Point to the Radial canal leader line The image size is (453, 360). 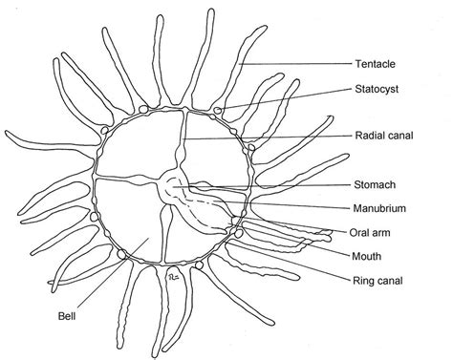[268, 138]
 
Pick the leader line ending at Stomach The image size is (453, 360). [268, 184]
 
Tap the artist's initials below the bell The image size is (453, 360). [174, 277]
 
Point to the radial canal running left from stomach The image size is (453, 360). [129, 179]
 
